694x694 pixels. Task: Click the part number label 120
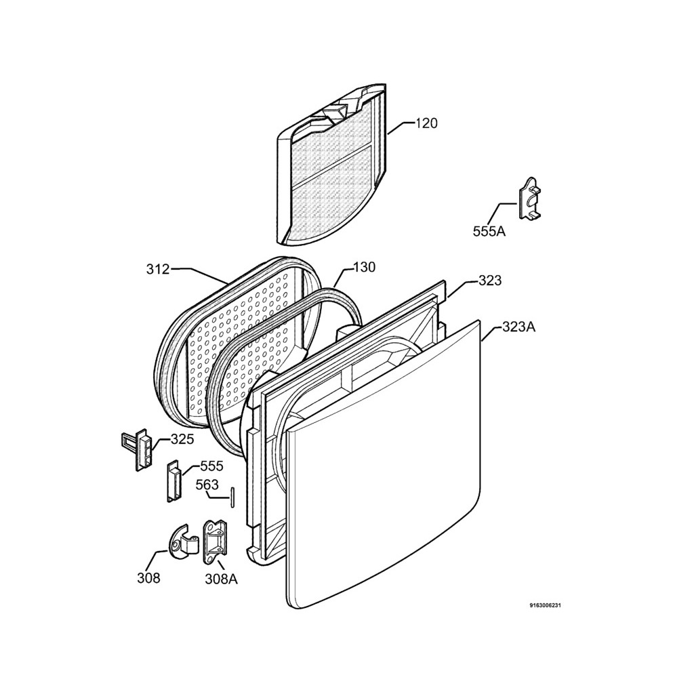[x=426, y=123]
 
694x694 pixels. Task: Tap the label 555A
[x=489, y=231]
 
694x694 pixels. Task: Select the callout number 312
[x=158, y=269]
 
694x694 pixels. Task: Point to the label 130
[x=364, y=268]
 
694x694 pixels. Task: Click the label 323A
[x=518, y=327]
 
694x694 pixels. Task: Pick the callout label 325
[x=182, y=439]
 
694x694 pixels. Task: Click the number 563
[x=207, y=485]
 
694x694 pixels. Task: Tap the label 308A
[x=221, y=578]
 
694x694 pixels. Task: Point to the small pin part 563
[x=232, y=495]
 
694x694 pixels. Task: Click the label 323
[x=490, y=281]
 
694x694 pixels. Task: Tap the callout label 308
[x=148, y=578]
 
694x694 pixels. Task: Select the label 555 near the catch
[x=211, y=467]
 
